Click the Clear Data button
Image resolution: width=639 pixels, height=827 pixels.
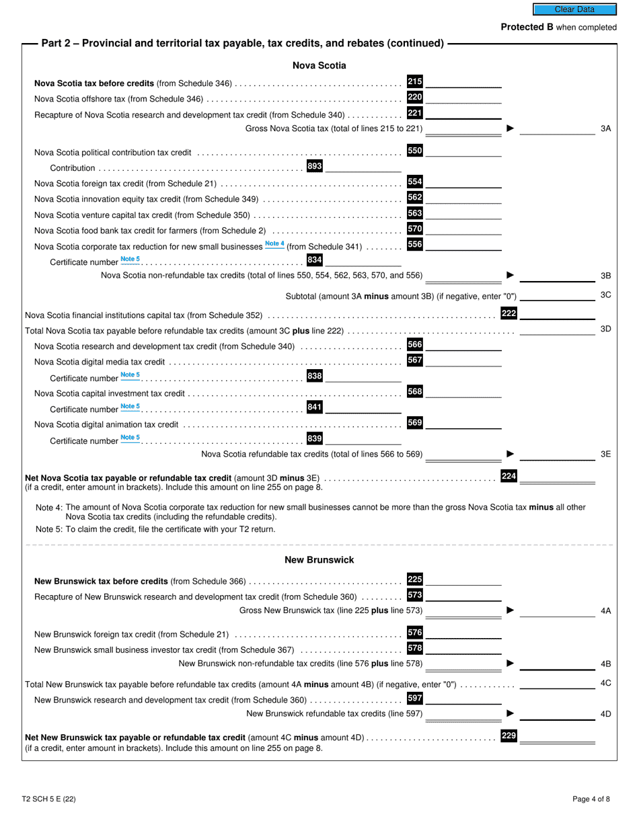pos(574,9)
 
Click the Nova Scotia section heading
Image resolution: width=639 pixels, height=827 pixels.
pos(319,65)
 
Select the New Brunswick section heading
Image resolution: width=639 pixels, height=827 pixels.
pos(319,559)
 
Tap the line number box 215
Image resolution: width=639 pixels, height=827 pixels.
pos(415,81)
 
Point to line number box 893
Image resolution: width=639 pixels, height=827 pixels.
pos(314,166)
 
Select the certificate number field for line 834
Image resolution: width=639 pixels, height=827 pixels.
pos(363,261)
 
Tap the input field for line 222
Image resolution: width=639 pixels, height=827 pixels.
pos(558,313)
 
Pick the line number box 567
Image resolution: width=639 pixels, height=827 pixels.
pos(415,360)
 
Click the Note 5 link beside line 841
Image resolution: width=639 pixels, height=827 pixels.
pos(130,407)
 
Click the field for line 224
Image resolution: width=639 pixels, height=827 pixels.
pos(558,477)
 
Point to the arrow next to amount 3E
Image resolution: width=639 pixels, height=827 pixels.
pos(510,454)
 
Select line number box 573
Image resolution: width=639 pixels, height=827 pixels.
pos(415,594)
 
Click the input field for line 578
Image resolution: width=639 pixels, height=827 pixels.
pos(464,649)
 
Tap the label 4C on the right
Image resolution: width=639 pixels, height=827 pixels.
pos(605,684)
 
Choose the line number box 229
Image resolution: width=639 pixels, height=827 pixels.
pos(509,736)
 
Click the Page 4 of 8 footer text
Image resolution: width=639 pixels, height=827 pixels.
pos(591,799)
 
